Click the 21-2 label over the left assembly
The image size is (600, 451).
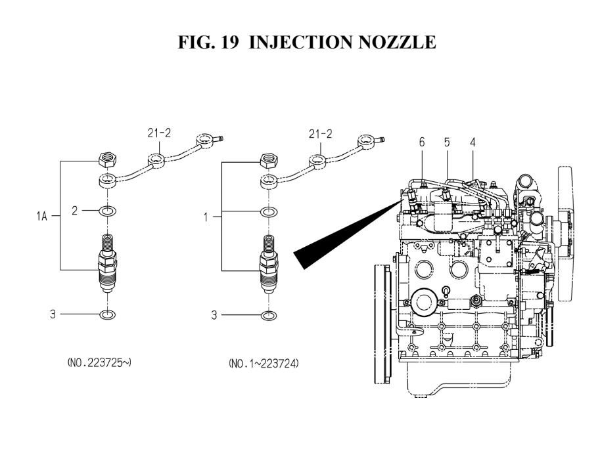pyautogui.click(x=158, y=134)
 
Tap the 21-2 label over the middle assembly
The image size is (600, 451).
pyautogui.click(x=320, y=134)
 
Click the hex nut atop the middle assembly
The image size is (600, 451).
pyautogui.click(x=268, y=158)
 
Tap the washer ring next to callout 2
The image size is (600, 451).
pyautogui.click(x=107, y=211)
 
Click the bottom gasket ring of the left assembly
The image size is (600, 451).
pyautogui.click(x=107, y=315)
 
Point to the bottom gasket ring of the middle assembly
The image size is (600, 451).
pyautogui.click(x=267, y=315)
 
